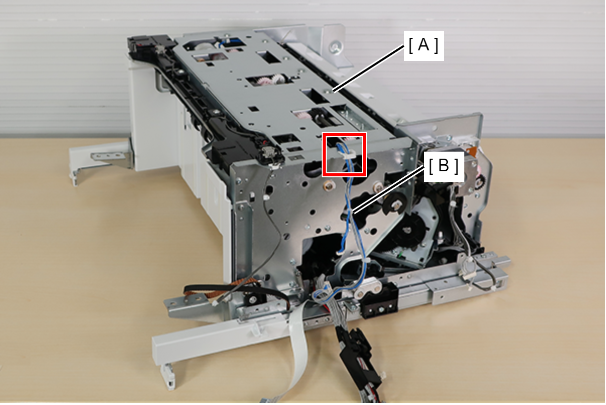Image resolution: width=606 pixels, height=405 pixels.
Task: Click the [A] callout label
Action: point(423,45)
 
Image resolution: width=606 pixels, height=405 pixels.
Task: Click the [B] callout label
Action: point(444,166)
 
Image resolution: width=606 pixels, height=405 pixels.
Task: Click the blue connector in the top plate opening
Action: point(235,42)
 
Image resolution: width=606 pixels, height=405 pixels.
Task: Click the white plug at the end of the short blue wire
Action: point(338,253)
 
